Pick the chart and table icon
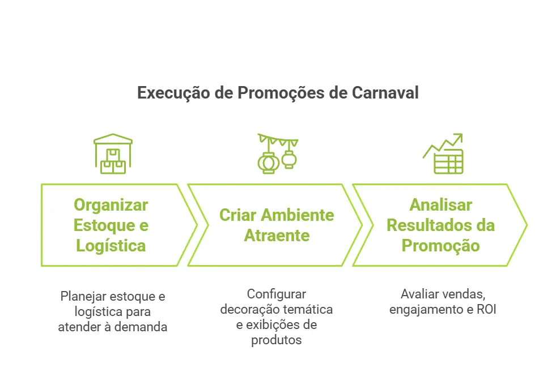[x=444, y=154]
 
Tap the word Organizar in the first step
[x=111, y=205]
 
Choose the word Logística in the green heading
[x=111, y=246]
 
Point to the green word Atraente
[x=276, y=236]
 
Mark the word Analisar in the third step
[x=440, y=205]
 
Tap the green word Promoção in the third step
[x=440, y=246]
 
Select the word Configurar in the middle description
[x=276, y=294]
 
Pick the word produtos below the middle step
[x=276, y=340]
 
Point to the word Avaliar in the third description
[x=419, y=294]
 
